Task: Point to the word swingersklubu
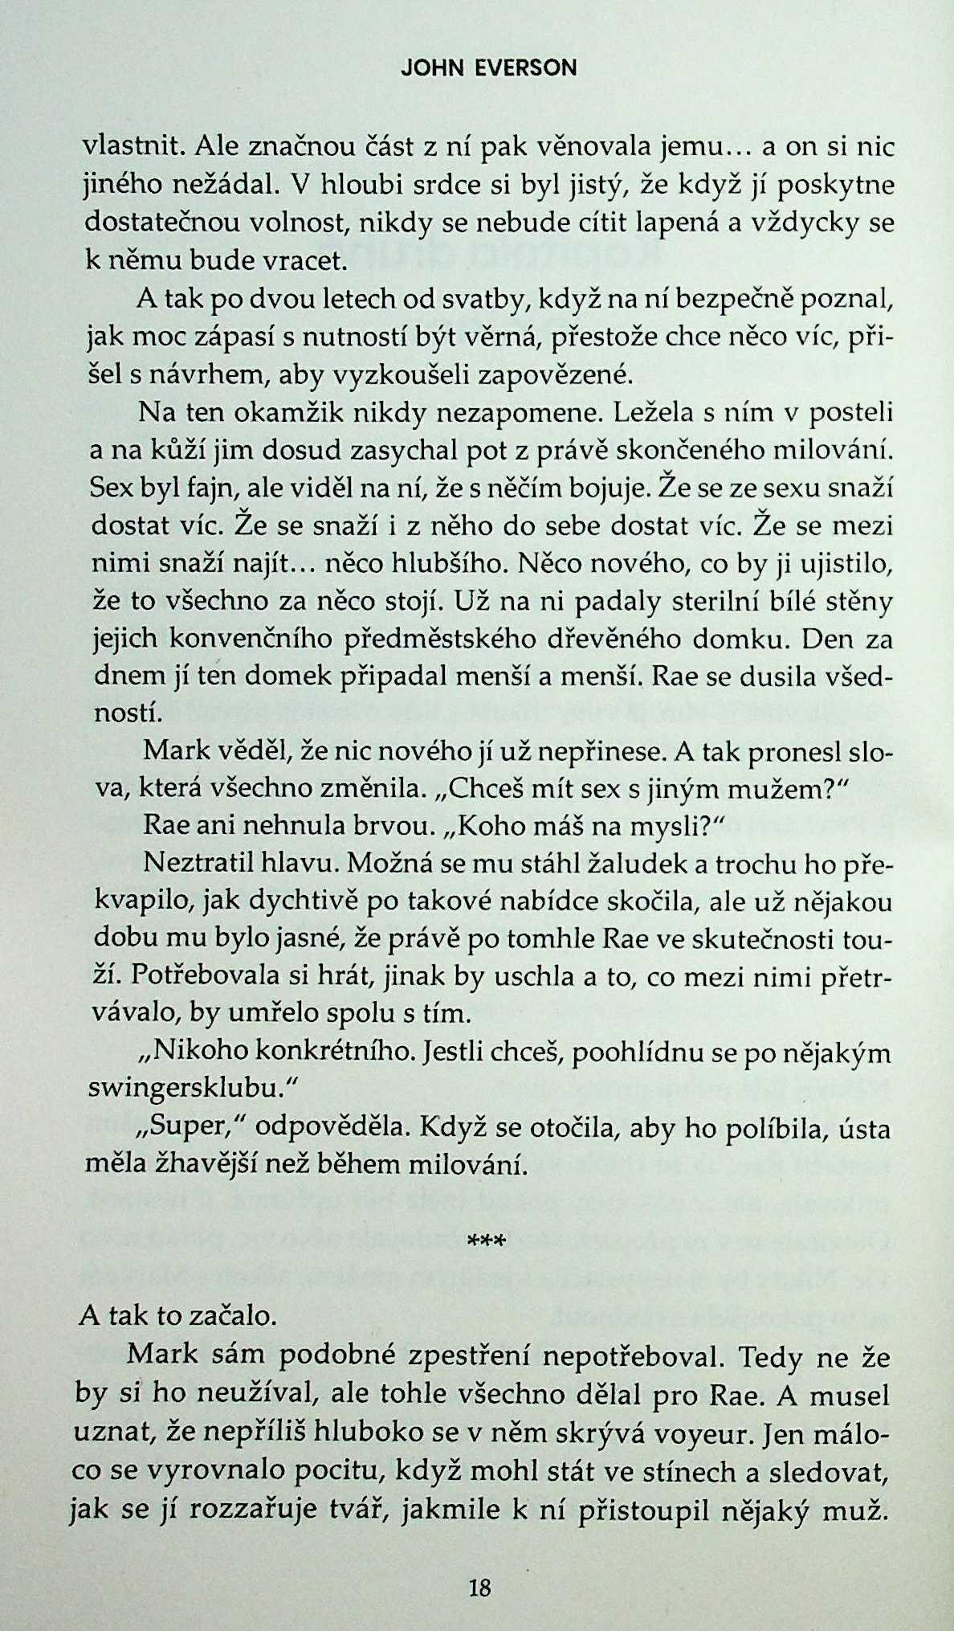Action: pyautogui.click(x=182, y=1089)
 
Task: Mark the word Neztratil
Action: pyautogui.click(x=198, y=863)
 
